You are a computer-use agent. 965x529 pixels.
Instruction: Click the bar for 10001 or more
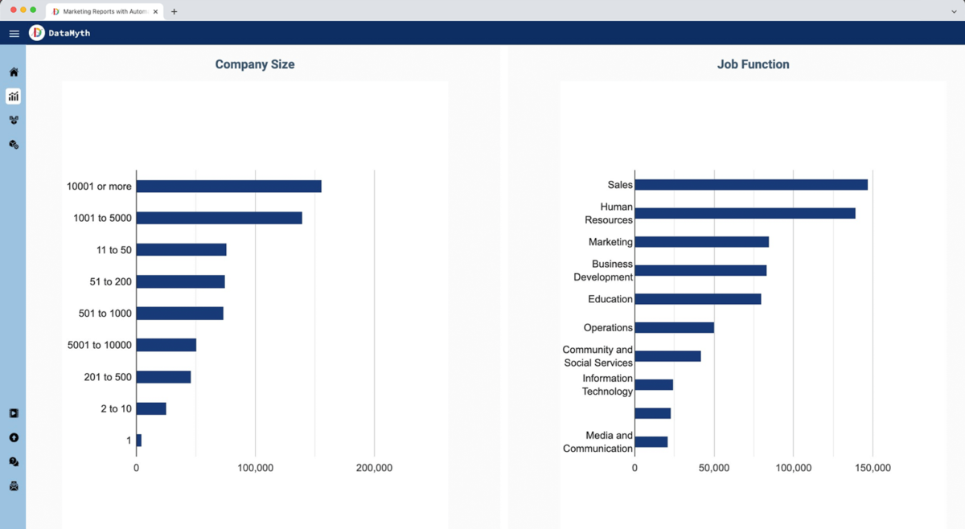pos(228,187)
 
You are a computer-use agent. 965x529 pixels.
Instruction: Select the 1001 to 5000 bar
pos(219,218)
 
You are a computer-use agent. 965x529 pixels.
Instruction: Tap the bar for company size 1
pos(139,441)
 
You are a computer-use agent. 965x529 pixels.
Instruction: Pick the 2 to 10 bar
pos(151,409)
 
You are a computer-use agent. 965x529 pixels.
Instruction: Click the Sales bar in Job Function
pos(750,185)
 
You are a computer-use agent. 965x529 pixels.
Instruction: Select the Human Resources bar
pos(745,214)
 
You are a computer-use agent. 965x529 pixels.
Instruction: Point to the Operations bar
pos(674,328)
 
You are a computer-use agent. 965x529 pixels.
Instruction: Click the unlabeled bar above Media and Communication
pos(652,413)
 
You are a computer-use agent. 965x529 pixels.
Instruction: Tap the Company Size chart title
pos(255,64)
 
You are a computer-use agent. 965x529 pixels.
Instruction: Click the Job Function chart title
pos(753,64)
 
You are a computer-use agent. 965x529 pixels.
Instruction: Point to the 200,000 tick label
pos(374,468)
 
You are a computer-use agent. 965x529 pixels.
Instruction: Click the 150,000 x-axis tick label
pos(873,468)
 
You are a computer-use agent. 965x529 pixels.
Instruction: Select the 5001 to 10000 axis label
pos(100,345)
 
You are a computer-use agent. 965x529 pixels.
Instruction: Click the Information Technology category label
pos(607,385)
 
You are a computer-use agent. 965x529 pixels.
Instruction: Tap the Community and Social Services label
pos(597,356)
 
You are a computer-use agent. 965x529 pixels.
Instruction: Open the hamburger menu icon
pos(14,34)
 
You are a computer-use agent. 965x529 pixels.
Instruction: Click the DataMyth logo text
pos(69,34)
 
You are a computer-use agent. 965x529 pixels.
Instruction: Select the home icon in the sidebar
pos(14,72)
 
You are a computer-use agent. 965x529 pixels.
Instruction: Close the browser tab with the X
pos(155,12)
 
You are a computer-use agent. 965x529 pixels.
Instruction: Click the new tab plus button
pos(174,12)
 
